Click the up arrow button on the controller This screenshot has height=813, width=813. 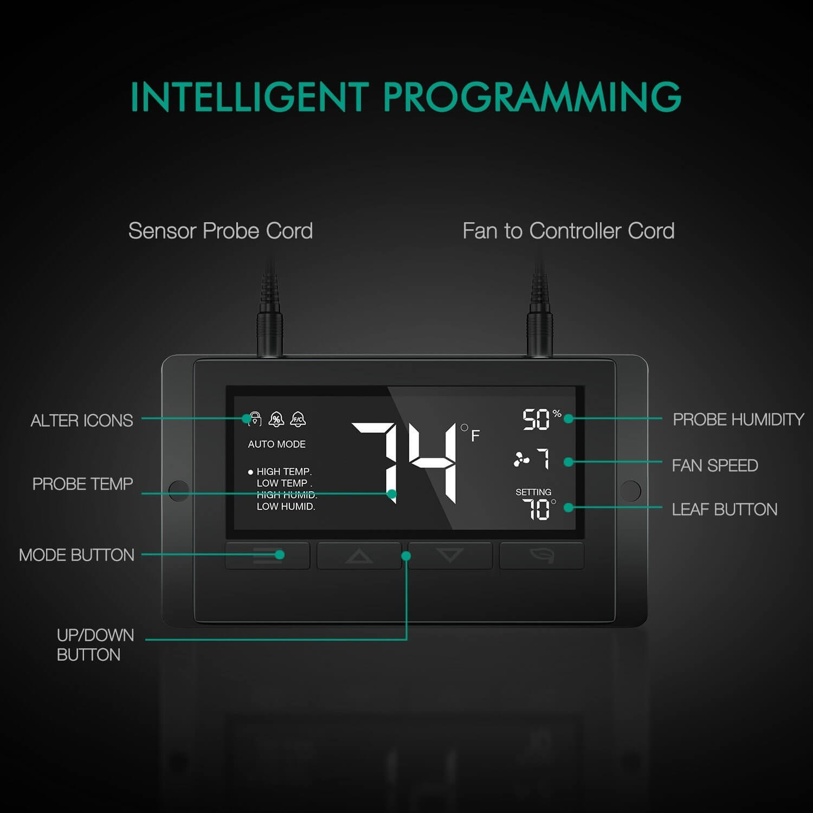pyautogui.click(x=359, y=556)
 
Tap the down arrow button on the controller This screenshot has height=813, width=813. pyautogui.click(x=450, y=556)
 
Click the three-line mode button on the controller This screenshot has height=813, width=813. pyautogui.click(x=267, y=556)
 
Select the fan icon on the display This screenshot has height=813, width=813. pyautogui.click(x=521, y=460)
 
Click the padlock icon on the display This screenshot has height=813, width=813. pyautogui.click(x=255, y=419)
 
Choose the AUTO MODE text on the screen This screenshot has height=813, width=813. pyautogui.click(x=276, y=444)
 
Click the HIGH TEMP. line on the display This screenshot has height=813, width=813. pyautogui.click(x=284, y=472)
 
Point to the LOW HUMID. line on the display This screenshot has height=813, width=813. pyautogui.click(x=286, y=506)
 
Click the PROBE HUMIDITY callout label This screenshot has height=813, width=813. pyautogui.click(x=738, y=419)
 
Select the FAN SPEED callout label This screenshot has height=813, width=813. pyautogui.click(x=715, y=465)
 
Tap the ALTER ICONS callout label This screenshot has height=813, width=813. pyautogui.click(x=82, y=420)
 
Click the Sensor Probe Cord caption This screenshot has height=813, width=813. pyautogui.click(x=221, y=231)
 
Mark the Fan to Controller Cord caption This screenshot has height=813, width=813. pyautogui.click(x=569, y=231)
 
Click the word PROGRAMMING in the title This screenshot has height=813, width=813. pyautogui.click(x=532, y=96)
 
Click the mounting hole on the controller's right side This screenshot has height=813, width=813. pyautogui.click(x=630, y=491)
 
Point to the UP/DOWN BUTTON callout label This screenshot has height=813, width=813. pyautogui.click(x=95, y=644)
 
